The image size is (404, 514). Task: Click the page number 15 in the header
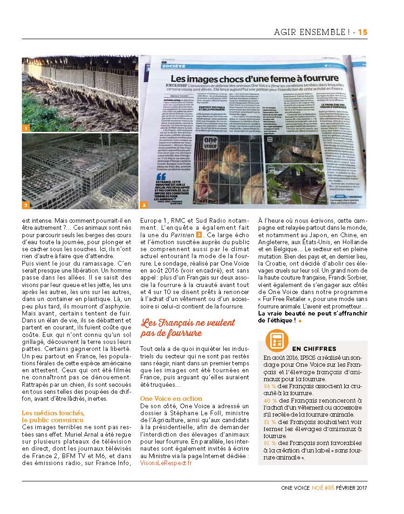(x=363, y=32)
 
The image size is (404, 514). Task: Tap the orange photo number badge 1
(x=26, y=127)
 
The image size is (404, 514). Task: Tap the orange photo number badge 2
(x=26, y=205)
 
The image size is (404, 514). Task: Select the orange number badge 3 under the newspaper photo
(x=144, y=205)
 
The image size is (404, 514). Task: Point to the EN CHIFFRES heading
(x=314, y=349)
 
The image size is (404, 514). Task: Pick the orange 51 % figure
(x=269, y=422)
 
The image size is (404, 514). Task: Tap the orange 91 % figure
(x=269, y=443)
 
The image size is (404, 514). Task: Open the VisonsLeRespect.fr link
(x=165, y=463)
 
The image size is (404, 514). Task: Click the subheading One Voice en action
(x=171, y=398)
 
